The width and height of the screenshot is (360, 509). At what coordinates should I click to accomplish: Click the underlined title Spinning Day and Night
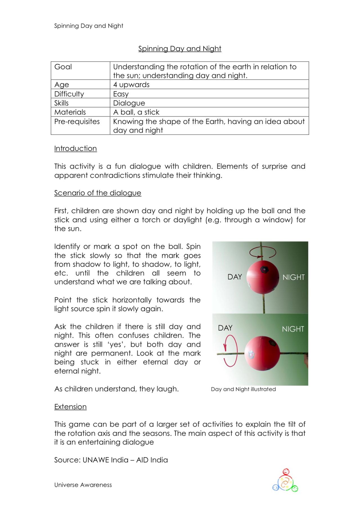(180, 49)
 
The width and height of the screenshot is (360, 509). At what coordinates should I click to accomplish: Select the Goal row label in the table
(63, 67)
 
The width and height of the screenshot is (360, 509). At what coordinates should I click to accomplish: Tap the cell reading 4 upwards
(131, 85)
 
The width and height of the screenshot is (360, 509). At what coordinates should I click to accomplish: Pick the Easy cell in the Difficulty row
(121, 94)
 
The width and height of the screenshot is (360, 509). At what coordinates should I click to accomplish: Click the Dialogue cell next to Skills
(129, 103)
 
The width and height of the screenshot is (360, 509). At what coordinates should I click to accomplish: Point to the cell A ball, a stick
(136, 112)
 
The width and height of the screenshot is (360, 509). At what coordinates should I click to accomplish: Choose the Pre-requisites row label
(77, 121)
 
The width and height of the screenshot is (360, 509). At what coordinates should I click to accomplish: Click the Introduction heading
(75, 148)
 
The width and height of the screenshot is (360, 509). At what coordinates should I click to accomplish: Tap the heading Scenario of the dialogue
(98, 193)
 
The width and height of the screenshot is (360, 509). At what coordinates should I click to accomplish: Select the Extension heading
(70, 407)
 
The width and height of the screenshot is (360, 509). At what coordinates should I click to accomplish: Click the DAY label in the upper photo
(235, 277)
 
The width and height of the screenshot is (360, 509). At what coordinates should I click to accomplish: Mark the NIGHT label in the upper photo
(293, 277)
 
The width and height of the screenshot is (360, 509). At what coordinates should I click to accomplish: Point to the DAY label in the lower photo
(225, 328)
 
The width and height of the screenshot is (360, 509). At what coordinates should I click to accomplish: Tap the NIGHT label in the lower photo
(293, 329)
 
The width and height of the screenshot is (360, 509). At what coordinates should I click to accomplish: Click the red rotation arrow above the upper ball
(261, 252)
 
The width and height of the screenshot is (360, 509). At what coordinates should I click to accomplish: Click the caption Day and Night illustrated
(243, 389)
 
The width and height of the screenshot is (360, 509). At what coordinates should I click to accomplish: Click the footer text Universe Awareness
(83, 485)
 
